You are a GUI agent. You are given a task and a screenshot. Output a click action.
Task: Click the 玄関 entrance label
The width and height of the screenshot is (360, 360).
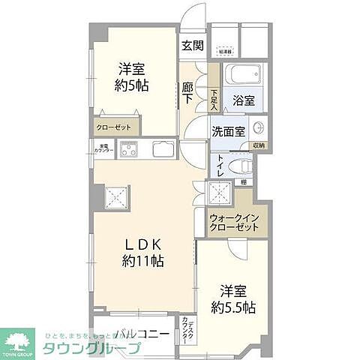(x=193, y=45)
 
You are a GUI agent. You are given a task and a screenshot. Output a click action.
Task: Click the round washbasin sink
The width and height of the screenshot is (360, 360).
(x=259, y=127)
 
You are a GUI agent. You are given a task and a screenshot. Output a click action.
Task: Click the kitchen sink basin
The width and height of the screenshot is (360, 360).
(x=164, y=148)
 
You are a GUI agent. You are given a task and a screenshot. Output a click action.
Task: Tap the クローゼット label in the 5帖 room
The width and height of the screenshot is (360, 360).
(x=114, y=127)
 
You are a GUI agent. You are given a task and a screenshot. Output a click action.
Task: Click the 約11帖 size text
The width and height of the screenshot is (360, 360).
(x=139, y=262)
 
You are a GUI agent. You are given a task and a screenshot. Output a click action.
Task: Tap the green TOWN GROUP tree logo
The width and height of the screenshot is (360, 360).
(x=19, y=342)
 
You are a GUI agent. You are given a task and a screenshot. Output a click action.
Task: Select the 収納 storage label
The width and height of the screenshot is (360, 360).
(x=258, y=145)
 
